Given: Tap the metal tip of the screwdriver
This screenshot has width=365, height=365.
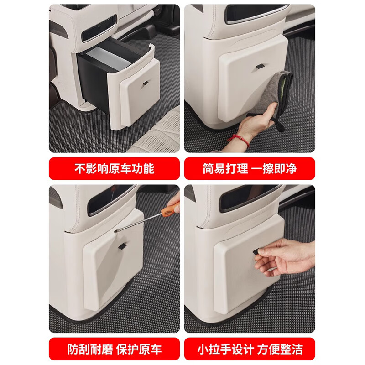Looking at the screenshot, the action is [115, 231].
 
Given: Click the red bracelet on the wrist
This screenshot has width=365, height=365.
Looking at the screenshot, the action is [238, 140].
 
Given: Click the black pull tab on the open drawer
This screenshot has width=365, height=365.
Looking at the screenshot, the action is [146, 83].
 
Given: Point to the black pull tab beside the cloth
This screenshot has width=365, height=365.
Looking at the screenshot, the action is [260, 66].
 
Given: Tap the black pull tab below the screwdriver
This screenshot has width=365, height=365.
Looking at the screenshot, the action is [122, 246].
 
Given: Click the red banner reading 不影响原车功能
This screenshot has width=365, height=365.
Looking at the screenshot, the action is [115, 168].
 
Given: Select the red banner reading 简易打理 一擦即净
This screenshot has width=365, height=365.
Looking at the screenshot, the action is [250, 168].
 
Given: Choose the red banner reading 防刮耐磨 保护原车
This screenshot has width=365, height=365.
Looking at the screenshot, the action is [115, 349].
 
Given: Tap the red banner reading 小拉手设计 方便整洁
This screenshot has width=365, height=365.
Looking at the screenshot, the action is [250, 349].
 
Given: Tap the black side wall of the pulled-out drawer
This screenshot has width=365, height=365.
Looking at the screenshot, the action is [93, 82].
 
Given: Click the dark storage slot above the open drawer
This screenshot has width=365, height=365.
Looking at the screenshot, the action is [99, 28].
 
